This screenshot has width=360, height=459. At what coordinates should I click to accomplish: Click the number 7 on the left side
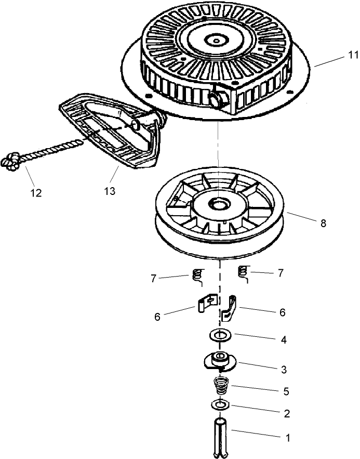click(154, 279)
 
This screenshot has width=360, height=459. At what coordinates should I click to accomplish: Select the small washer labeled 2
click(220, 404)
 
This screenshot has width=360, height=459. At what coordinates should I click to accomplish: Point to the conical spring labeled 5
click(222, 387)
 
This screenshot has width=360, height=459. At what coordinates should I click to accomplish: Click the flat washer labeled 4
click(221, 334)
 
